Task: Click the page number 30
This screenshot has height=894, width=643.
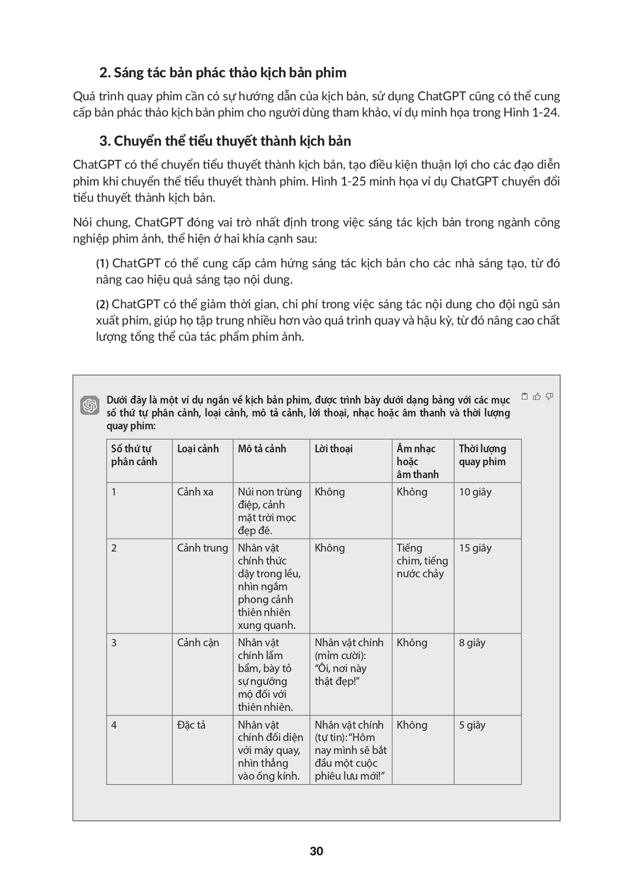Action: point(316,851)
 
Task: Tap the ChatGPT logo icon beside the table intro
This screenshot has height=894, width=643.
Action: point(90,405)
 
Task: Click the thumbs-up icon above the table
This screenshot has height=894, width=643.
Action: point(537,396)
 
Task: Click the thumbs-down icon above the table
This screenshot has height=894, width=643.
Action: point(549,396)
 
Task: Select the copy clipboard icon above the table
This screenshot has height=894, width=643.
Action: point(525,396)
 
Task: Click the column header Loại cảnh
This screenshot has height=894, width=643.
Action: point(198,448)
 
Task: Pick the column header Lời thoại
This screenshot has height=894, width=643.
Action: point(334,448)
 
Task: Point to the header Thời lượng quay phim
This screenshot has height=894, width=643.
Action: point(483,455)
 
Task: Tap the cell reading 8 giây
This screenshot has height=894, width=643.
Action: point(472,642)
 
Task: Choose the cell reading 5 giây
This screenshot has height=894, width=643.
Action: point(472,725)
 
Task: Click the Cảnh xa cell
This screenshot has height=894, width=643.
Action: point(195,492)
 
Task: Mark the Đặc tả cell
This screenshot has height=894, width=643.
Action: point(191,725)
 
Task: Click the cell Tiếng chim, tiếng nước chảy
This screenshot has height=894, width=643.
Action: point(422,561)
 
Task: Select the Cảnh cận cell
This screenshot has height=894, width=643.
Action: point(198,642)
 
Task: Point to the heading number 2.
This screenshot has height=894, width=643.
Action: point(104,73)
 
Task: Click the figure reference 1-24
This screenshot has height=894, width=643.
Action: point(546,112)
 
